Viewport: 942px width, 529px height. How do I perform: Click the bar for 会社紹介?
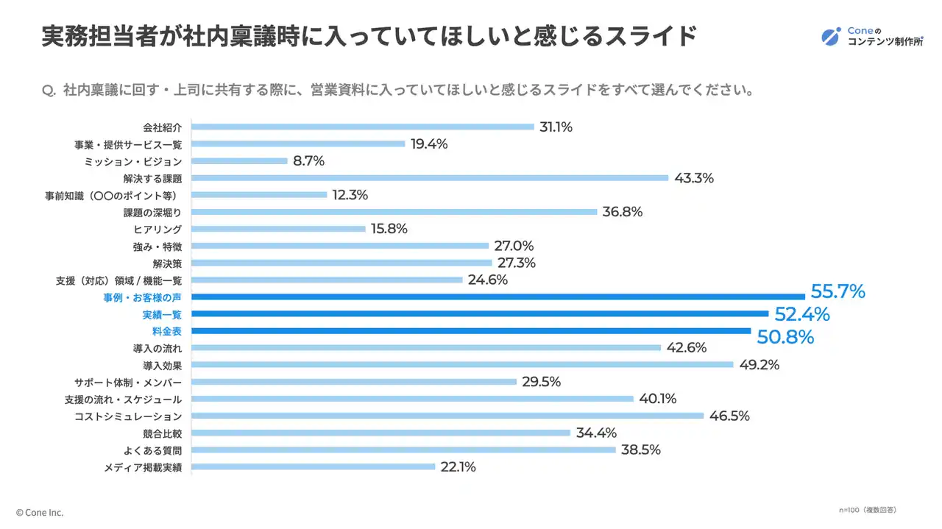[x=363, y=127]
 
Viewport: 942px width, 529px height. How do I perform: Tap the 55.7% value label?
[x=837, y=292]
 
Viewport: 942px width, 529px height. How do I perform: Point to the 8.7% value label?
[x=308, y=160]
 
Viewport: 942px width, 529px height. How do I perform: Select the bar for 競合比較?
[x=381, y=433]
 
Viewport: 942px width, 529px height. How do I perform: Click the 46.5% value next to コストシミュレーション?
[x=729, y=416]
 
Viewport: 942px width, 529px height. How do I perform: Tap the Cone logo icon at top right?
[x=832, y=36]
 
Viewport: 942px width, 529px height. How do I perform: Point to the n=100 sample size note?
[x=867, y=509]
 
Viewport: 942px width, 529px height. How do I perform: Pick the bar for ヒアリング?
[x=279, y=229]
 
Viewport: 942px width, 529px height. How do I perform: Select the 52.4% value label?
[x=802, y=314]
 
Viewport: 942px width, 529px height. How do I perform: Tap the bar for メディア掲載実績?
[x=314, y=466]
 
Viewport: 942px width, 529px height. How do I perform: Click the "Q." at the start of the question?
[x=49, y=91]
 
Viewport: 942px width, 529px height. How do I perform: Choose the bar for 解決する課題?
[x=430, y=178]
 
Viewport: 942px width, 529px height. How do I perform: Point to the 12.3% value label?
[x=350, y=195]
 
